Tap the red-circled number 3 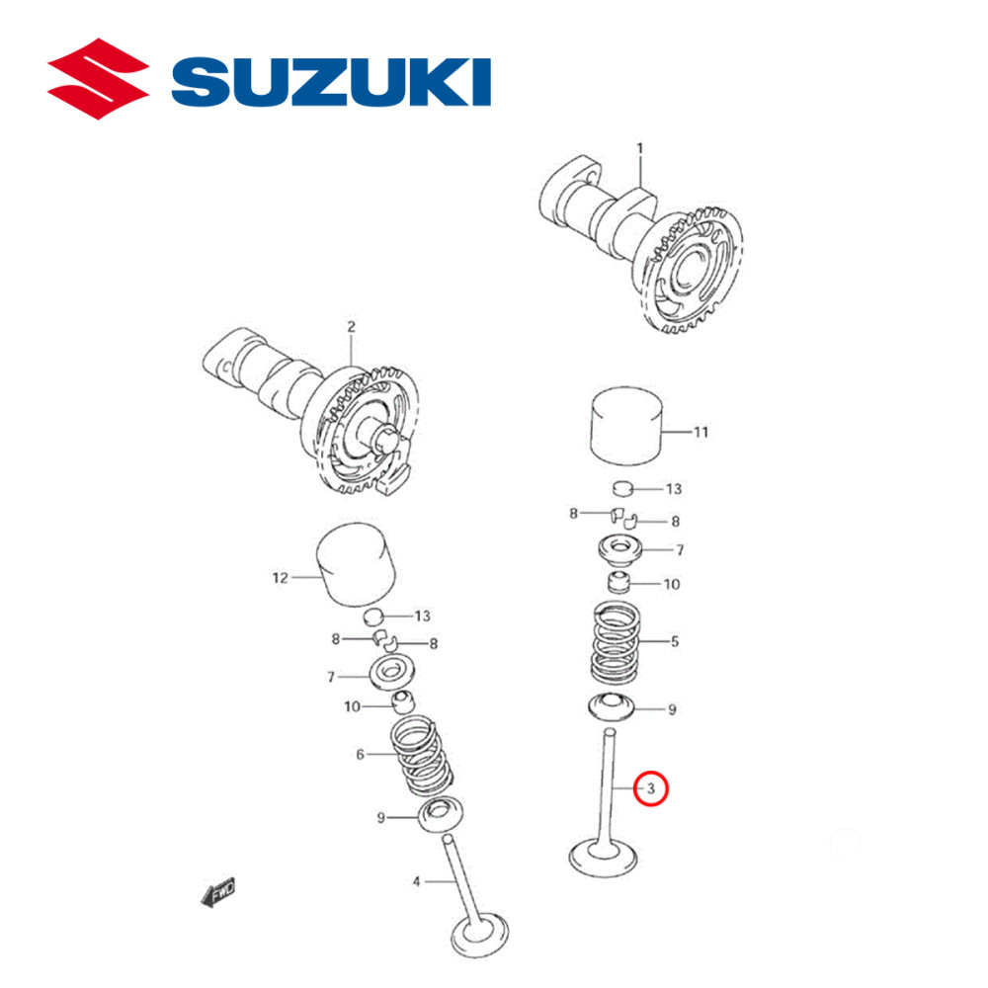(651, 788)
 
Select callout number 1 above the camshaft (639, 148)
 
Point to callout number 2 (350, 326)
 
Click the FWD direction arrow (218, 893)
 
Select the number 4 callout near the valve (417, 880)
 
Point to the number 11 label (700, 433)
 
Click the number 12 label (280, 577)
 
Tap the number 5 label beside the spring (674, 641)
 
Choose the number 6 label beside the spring (362, 754)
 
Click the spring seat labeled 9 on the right (617, 706)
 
